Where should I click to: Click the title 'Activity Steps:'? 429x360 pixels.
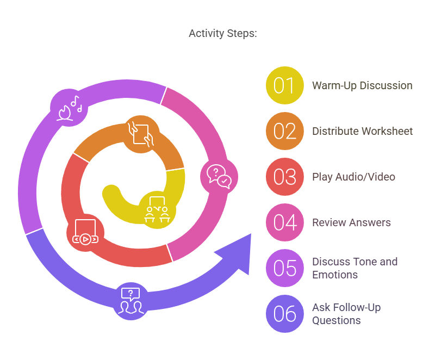(x=222, y=34)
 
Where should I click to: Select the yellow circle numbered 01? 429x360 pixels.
(x=284, y=85)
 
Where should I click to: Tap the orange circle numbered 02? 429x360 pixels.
(x=284, y=131)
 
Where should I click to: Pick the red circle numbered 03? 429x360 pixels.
(x=284, y=177)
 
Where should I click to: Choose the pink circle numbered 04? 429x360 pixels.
(x=284, y=222)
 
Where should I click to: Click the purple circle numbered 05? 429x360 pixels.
(x=284, y=268)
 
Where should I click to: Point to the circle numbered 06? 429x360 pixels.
(x=284, y=314)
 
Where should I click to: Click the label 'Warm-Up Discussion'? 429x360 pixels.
(x=362, y=85)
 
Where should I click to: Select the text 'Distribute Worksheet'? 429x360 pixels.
(x=362, y=131)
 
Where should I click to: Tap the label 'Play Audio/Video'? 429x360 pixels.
(x=353, y=177)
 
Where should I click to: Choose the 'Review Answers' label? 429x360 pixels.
(x=351, y=222)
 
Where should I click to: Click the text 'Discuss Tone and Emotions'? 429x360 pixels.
(x=355, y=268)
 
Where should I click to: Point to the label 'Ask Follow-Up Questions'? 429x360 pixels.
(x=346, y=314)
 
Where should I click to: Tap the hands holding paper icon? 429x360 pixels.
(x=142, y=134)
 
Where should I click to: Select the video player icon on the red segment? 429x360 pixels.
(x=85, y=232)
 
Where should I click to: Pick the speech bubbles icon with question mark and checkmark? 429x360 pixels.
(x=219, y=177)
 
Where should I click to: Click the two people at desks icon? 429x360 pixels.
(x=156, y=210)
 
